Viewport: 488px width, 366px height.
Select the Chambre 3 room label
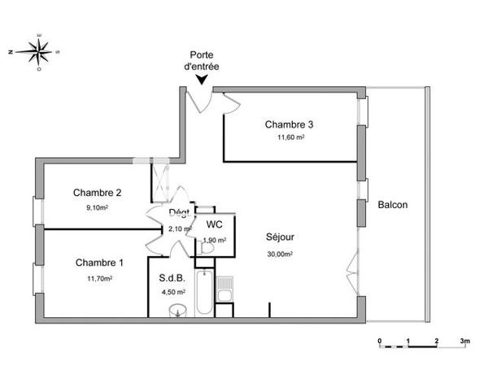tap(289, 124)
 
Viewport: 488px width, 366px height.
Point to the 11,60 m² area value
tap(290, 137)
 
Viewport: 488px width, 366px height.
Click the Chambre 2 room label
tap(98, 193)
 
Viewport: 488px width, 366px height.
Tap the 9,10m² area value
tap(98, 207)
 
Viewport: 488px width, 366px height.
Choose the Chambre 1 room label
tap(99, 263)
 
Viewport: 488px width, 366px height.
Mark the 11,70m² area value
tap(99, 277)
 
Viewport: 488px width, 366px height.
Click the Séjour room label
tap(280, 237)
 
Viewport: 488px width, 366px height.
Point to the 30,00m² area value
tap(280, 253)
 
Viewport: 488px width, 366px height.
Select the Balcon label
tap(393, 205)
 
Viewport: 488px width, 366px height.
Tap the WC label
tap(215, 224)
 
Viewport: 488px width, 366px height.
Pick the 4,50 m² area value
tap(172, 291)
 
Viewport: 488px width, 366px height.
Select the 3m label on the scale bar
tap(465, 341)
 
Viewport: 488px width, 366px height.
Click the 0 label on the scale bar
tap(379, 341)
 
